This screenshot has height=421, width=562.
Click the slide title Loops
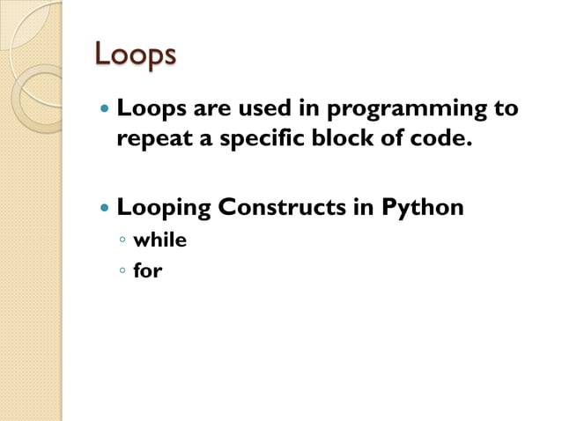click(135, 55)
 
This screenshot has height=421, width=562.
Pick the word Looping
click(164, 210)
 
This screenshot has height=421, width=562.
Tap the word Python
click(422, 210)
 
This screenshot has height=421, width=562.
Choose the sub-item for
click(147, 270)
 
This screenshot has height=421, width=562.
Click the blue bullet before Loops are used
click(106, 112)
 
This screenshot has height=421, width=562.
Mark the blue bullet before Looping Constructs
click(106, 210)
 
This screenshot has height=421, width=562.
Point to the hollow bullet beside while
click(123, 241)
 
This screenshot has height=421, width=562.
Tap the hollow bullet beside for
click(123, 271)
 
